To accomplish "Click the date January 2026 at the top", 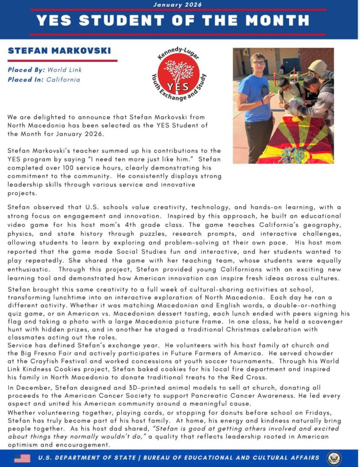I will [x=177, y=5].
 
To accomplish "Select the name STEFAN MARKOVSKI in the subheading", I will [x=59, y=51].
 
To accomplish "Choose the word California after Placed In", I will [x=63, y=79].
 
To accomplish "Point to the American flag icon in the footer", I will [x=22, y=458].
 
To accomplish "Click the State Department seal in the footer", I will [x=334, y=458].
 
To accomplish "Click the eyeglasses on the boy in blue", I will [x=258, y=63].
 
